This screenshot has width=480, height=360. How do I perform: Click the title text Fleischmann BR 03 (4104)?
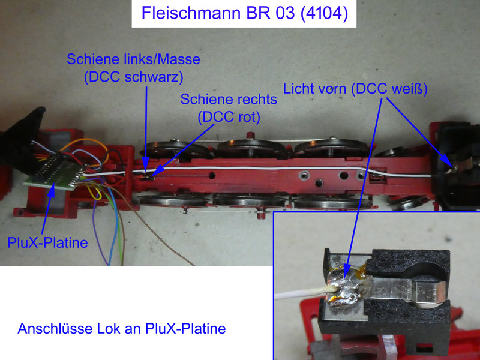point(244,13)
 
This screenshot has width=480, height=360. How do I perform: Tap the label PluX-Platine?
point(47,243)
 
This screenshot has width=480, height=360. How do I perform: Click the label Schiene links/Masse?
point(133,59)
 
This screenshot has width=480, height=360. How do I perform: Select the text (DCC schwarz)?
point(134,77)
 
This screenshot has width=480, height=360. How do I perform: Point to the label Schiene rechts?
point(229,99)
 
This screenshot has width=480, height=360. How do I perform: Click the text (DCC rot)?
point(229,117)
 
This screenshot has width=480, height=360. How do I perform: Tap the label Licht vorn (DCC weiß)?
point(355,89)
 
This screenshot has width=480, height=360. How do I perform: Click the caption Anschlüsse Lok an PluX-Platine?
point(122,328)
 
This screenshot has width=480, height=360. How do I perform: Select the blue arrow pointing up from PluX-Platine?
point(48,209)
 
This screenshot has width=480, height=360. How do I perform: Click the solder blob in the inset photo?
point(346,290)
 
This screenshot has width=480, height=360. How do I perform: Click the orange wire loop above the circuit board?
point(85,146)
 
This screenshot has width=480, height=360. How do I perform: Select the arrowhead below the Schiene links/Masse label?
point(146,162)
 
